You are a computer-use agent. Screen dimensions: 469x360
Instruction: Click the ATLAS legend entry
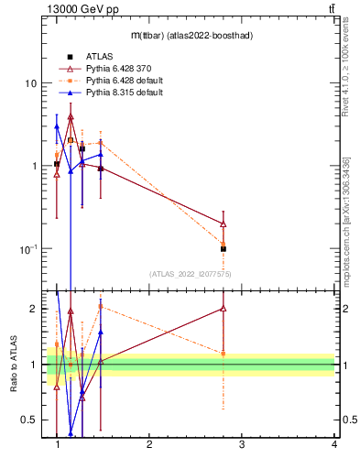click(100, 57)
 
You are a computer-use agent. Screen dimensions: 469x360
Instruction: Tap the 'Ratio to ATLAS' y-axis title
click(15, 364)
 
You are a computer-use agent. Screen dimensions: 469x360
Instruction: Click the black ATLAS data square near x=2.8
click(224, 249)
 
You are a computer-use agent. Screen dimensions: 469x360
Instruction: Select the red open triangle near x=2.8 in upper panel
click(224, 224)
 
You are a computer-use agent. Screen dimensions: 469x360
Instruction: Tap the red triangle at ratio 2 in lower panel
click(224, 309)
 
